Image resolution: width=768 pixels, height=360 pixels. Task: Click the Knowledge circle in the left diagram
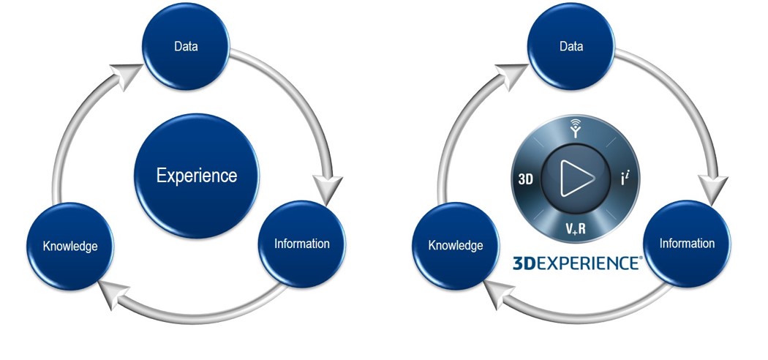point(70,245)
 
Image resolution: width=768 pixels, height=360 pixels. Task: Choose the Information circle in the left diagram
point(301,243)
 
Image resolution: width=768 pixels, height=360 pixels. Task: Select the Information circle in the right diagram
point(687,242)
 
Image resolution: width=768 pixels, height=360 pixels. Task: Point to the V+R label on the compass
point(573,228)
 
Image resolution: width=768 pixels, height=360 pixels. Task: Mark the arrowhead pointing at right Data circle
point(508,72)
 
